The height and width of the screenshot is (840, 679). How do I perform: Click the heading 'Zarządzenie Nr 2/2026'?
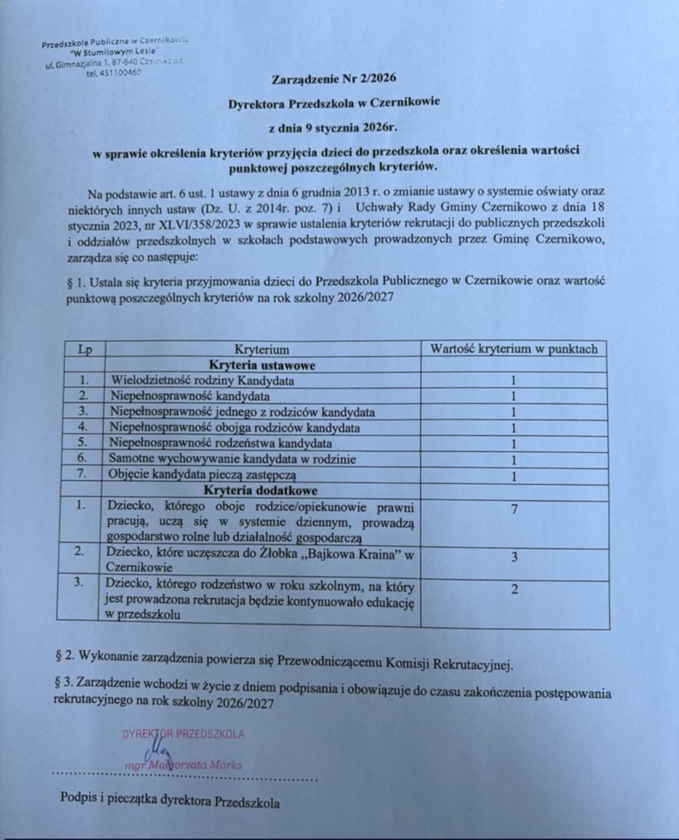333,79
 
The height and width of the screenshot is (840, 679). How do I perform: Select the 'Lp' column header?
85,349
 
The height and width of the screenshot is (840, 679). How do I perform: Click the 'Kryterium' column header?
261,349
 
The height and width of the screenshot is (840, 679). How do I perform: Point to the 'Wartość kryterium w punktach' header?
514,349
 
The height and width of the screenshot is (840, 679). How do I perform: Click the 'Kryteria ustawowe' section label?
261,365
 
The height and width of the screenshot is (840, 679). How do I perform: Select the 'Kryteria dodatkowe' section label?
260,490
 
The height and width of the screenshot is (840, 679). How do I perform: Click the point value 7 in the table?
514,509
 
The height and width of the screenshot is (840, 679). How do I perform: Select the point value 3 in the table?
514,557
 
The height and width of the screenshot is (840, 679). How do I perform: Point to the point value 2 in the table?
514,589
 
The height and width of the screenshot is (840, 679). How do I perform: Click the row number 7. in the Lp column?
82,475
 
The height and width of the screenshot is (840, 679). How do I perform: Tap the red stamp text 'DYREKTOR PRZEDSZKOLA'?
183,734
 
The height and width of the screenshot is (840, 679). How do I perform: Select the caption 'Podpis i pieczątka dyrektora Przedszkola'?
170,801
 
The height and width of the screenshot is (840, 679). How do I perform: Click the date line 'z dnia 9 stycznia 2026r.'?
333,127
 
